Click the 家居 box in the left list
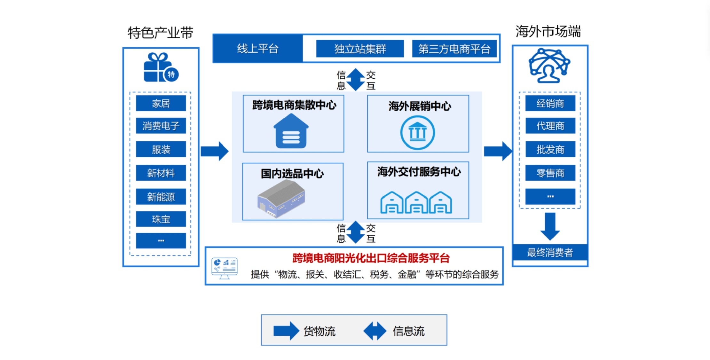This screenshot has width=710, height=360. (x=161, y=103)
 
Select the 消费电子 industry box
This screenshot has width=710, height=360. (x=161, y=126)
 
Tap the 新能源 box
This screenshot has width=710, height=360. (x=161, y=197)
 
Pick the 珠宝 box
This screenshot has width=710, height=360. (x=161, y=219)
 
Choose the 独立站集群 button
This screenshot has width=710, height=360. (x=360, y=49)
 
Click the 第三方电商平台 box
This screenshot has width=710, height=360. (x=454, y=49)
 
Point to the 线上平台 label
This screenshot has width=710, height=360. (x=258, y=49)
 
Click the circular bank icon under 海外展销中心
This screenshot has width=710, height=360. (x=417, y=133)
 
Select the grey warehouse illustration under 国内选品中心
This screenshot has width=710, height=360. (x=281, y=198)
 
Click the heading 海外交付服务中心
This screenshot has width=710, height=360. (x=419, y=172)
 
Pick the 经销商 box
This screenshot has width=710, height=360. (x=550, y=103)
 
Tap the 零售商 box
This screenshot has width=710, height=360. (x=550, y=173)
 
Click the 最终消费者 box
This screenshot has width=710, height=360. (x=550, y=253)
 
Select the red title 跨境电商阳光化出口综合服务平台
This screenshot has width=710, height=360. (x=371, y=258)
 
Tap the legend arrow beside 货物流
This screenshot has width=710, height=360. (x=286, y=331)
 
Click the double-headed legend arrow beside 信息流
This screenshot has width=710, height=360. (x=375, y=331)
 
